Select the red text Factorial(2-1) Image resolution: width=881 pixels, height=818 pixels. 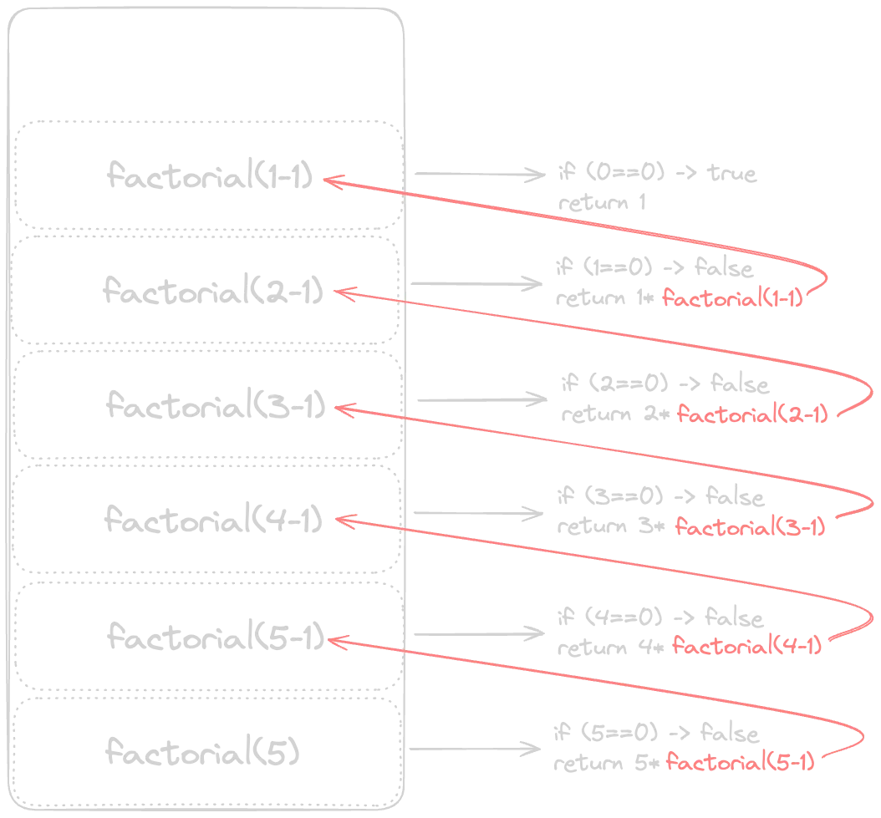[x=751, y=414]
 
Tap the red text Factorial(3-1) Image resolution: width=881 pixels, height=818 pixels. [x=751, y=528]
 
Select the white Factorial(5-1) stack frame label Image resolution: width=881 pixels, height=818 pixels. [x=214, y=635]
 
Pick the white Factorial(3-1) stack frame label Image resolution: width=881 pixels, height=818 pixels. [x=214, y=408]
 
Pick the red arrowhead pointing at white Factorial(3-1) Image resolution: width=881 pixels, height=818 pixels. [x=339, y=409]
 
